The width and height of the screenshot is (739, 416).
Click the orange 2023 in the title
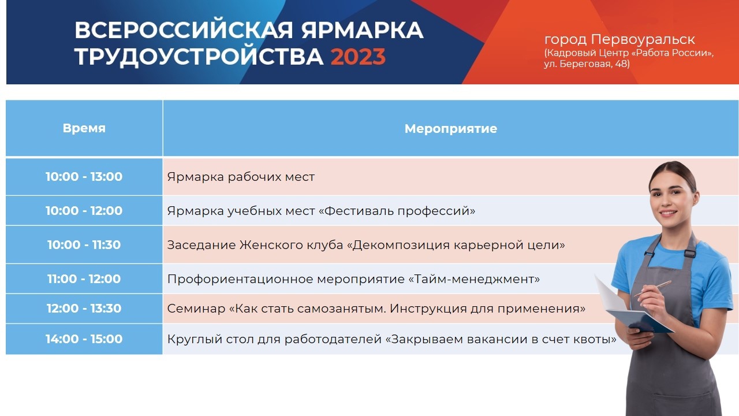pos(358,57)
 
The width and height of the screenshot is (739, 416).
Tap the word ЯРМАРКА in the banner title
pos(362,30)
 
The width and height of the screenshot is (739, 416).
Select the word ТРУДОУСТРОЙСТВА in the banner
pos(199,57)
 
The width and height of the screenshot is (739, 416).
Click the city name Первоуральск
pos(643,40)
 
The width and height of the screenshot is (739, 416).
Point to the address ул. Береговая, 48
pos(587,64)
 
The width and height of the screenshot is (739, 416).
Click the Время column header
pos(84,128)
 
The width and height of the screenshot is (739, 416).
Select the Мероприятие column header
pos(451,129)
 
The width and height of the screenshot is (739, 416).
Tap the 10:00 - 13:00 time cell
pos(84,177)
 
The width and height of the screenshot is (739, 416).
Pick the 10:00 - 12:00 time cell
pos(84,211)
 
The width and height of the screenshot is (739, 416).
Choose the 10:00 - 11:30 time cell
pos(84,244)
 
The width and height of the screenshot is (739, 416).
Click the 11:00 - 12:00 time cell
pos(84,278)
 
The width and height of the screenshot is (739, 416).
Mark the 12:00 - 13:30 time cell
pos(84,309)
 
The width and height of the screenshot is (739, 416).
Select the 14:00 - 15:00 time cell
pos(84,339)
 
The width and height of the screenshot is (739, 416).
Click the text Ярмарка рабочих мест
pos(241,177)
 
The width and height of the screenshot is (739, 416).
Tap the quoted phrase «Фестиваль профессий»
pos(397,211)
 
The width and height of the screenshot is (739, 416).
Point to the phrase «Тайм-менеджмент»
pos(474,279)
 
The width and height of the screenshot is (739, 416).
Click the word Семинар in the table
pos(196,309)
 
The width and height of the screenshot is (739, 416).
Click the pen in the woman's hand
pos(652,288)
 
